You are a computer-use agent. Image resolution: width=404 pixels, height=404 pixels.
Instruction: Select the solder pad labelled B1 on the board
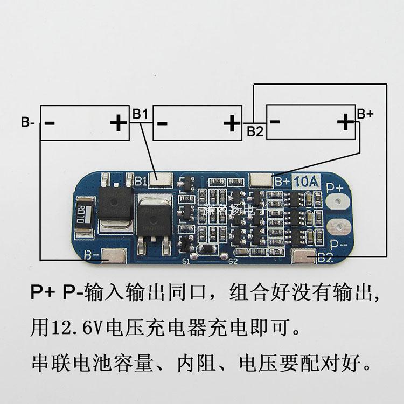(162, 178)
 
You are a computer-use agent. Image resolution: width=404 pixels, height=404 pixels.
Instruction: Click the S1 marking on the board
(186, 261)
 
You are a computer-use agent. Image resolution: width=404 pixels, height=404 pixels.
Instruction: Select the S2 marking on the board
(233, 261)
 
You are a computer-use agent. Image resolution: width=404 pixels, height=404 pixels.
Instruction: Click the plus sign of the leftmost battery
(118, 123)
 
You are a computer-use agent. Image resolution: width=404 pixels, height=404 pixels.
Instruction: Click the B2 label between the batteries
(255, 131)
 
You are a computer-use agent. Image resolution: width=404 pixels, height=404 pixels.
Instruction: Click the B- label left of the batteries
(29, 122)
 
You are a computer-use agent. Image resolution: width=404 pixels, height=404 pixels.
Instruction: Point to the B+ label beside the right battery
(365, 114)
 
